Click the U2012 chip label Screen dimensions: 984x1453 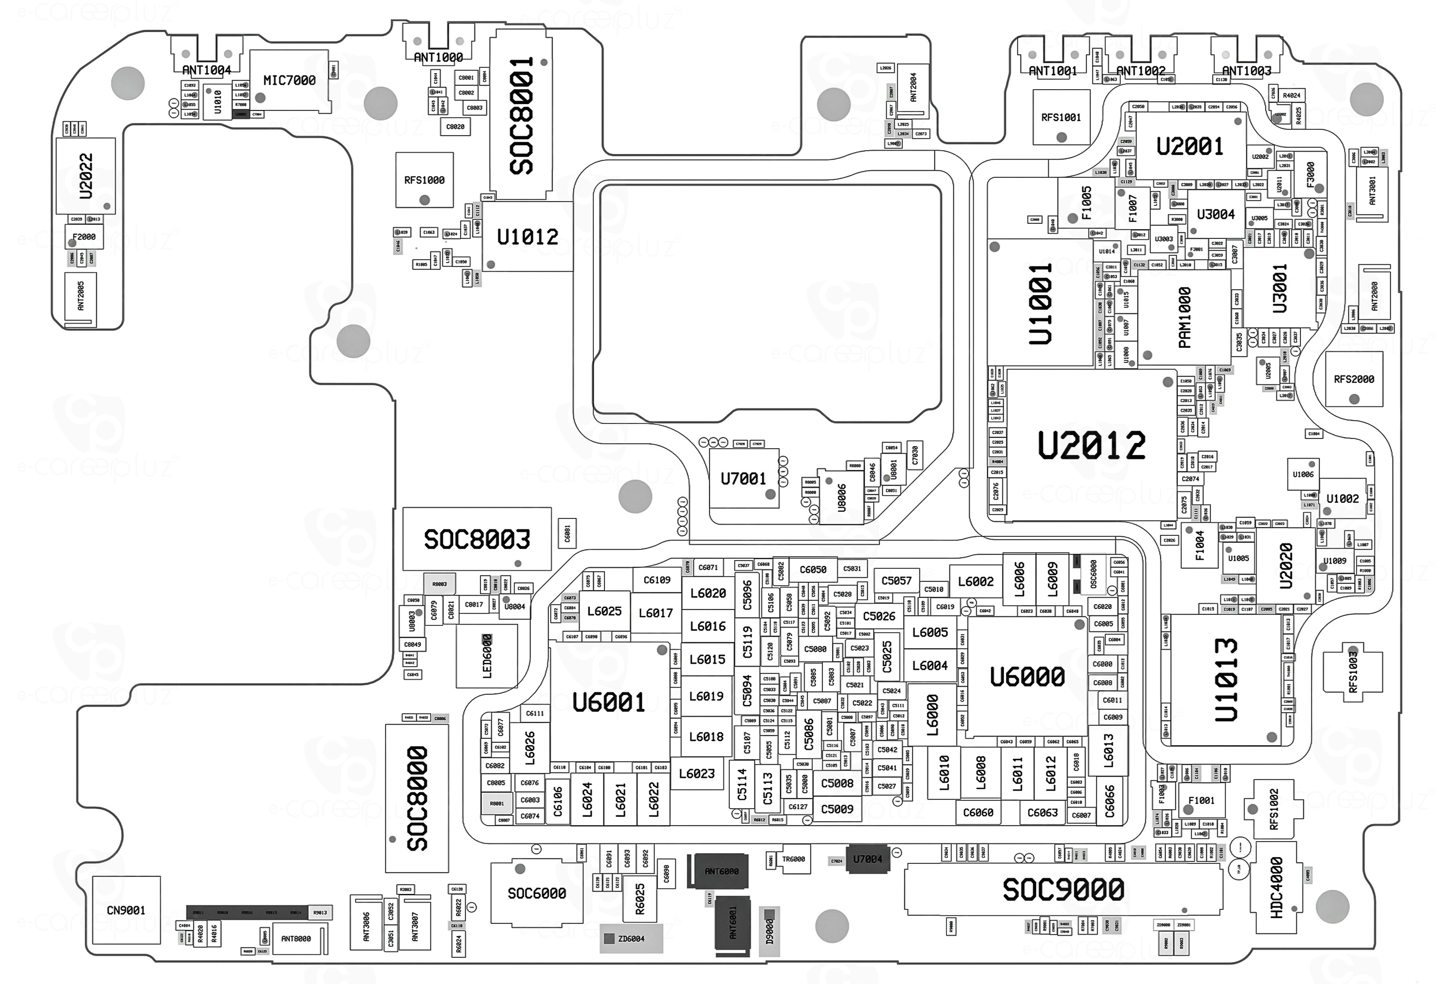point(1092,445)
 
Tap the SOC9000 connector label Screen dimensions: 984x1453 point(1063,890)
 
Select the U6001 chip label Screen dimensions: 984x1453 point(608,702)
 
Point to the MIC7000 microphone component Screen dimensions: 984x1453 point(290,80)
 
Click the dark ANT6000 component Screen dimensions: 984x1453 point(721,871)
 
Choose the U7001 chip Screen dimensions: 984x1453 point(743,479)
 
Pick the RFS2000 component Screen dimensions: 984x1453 point(1354,379)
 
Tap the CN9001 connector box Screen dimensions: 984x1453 point(125,910)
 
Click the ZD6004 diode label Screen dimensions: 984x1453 point(631,938)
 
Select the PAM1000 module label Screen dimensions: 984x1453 point(1184,317)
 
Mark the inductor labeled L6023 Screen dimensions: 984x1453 point(696,774)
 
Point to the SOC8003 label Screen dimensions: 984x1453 point(477,539)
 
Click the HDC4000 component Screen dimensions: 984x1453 point(1276,888)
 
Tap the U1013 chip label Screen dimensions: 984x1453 point(1226,679)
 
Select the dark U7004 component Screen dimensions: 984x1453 point(867,859)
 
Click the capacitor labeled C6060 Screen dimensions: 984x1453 point(978,812)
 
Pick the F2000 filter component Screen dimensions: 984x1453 point(84,237)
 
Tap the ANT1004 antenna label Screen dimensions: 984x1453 point(206,70)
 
